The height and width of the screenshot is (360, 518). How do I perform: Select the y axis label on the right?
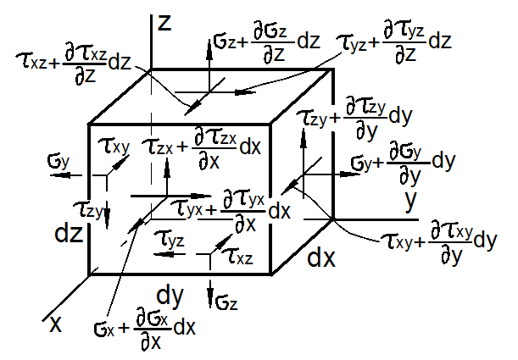[x=413, y=201]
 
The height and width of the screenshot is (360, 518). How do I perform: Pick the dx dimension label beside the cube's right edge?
[x=321, y=256]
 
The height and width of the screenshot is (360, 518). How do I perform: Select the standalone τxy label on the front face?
[x=113, y=146]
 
